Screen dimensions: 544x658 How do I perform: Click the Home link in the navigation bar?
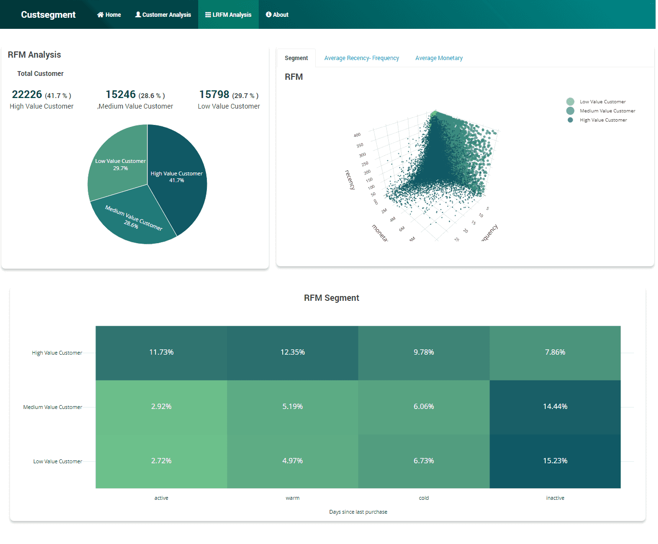point(109,15)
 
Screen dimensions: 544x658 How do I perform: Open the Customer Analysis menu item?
point(163,15)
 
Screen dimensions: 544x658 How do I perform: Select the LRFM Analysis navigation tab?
point(228,15)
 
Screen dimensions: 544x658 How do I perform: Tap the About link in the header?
point(277,15)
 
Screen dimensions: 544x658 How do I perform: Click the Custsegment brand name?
point(48,15)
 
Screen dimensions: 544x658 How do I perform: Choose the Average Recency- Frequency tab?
point(361,58)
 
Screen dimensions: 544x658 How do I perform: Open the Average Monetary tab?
point(439,58)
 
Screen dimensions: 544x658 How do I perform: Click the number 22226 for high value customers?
point(27,95)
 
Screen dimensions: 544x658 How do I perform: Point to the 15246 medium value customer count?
point(120,95)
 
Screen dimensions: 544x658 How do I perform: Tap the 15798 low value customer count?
point(214,95)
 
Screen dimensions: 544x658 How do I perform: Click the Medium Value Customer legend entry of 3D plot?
point(607,111)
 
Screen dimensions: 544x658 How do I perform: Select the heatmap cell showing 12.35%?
point(293,353)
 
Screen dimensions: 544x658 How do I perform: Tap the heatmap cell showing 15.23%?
point(555,461)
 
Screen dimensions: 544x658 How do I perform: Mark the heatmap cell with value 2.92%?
point(161,407)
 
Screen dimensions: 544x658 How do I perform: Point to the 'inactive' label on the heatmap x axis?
point(555,498)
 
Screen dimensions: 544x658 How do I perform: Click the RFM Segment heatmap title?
point(331,298)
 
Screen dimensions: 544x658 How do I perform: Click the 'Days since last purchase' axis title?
point(358,512)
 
